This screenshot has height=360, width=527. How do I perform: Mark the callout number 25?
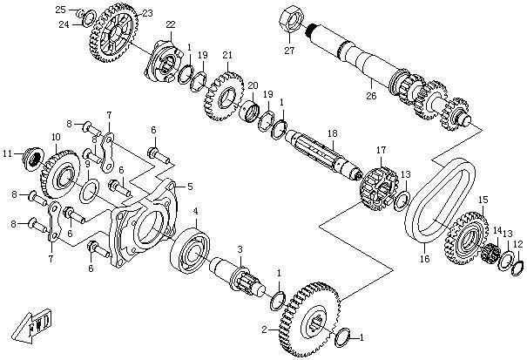tap(60, 9)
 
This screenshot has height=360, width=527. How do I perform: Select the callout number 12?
tap(518, 245)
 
